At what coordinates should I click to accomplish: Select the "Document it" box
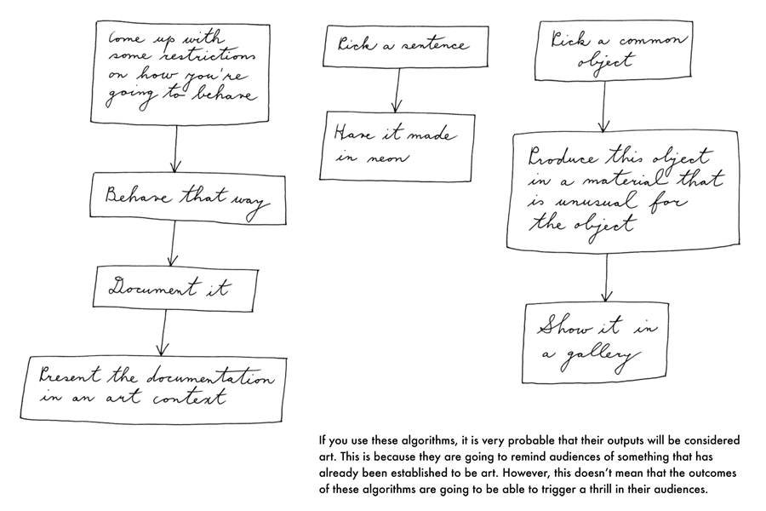coord(174,287)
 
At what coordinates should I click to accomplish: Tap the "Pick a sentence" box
coord(404,45)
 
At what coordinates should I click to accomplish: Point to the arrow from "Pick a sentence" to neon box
coord(397,89)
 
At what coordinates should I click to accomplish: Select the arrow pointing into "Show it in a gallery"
coord(605,278)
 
